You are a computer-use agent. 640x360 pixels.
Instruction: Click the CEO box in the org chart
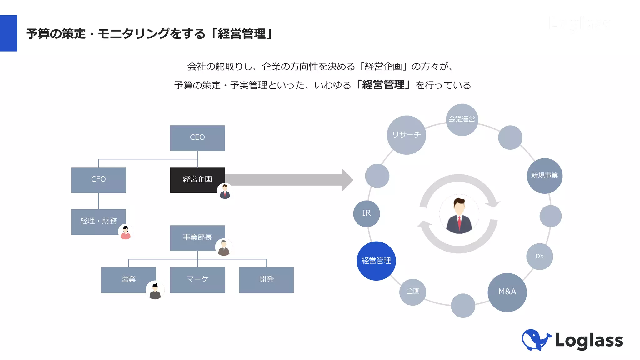197,138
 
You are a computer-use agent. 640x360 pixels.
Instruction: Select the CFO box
98,180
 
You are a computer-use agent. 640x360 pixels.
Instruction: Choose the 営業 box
128,279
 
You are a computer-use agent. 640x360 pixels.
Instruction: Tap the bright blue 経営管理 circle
376,261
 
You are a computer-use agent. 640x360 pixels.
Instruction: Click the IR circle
366,213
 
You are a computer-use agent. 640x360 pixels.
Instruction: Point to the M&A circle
507,292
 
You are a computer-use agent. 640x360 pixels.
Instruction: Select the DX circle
539,257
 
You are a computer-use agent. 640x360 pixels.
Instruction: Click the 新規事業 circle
544,176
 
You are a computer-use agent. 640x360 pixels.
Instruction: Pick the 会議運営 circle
462,119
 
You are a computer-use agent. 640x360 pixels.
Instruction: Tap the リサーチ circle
406,135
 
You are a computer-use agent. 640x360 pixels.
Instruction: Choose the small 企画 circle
412,292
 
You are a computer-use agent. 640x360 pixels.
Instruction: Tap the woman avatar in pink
126,232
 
